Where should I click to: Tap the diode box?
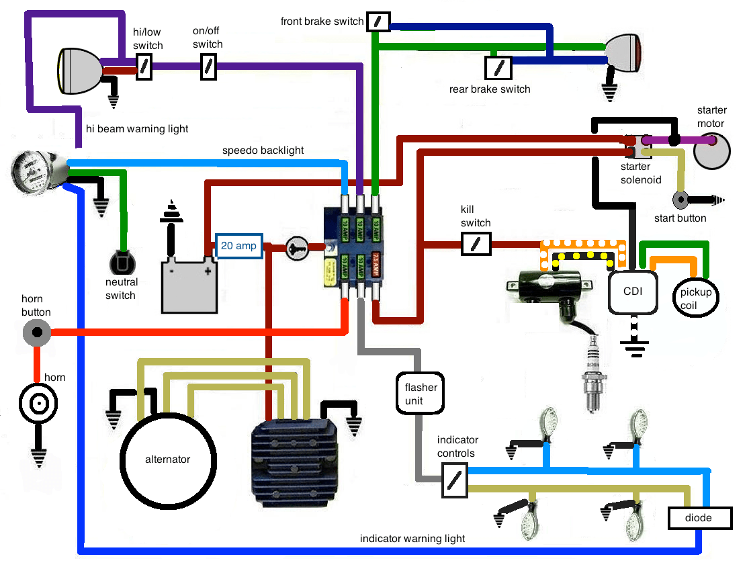[x=699, y=518]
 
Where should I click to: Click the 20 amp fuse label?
[x=238, y=246]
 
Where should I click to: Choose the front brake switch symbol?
[x=378, y=22]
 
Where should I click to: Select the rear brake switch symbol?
[x=498, y=67]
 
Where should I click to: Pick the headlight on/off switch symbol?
[x=208, y=67]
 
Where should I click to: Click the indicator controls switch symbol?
[x=454, y=482]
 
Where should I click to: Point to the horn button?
[x=36, y=332]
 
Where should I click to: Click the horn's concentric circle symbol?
[x=38, y=404]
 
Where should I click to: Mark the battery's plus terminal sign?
[x=208, y=271]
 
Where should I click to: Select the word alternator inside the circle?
[x=167, y=459]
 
